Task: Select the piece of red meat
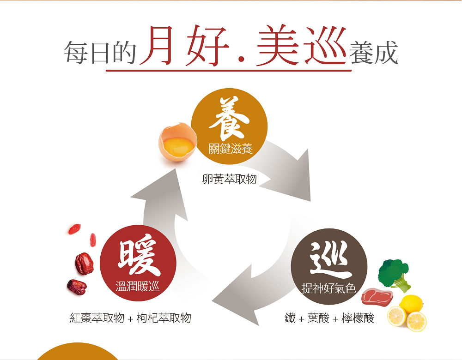[376, 297]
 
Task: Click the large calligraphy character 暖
[138, 258]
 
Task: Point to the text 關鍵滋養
[230, 149]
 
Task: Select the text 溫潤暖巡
[138, 287]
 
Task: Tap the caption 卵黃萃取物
[229, 180]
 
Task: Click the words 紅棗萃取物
[97, 318]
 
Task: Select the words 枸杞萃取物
[164, 318]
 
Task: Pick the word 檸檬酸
[358, 318]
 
